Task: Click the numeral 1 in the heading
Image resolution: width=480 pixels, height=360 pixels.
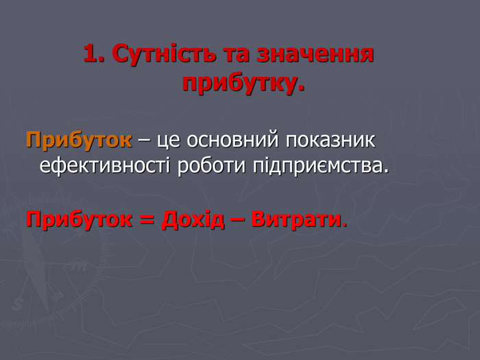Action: click(x=91, y=53)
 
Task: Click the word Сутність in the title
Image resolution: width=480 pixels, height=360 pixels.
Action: click(x=164, y=54)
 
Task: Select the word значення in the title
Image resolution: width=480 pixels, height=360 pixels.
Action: click(x=315, y=55)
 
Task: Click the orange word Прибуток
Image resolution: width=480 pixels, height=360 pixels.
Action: click(x=79, y=141)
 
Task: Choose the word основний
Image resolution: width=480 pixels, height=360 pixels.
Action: click(x=233, y=141)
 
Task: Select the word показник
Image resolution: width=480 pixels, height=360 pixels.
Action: click(x=331, y=141)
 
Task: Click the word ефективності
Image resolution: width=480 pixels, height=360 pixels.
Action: click(x=105, y=166)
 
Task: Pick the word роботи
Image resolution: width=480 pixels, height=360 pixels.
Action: click(x=211, y=166)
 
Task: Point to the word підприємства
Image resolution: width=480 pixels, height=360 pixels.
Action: click(x=318, y=167)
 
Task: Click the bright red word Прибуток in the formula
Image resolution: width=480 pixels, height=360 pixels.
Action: click(x=79, y=219)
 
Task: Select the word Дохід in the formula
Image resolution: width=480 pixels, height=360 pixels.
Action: click(x=193, y=219)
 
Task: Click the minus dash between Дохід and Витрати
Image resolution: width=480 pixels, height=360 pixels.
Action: click(x=238, y=221)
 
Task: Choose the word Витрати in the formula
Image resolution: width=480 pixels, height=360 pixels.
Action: click(x=296, y=219)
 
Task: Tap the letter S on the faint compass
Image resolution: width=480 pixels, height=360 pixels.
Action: click(x=17, y=304)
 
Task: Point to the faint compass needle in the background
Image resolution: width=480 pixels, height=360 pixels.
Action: click(x=37, y=269)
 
